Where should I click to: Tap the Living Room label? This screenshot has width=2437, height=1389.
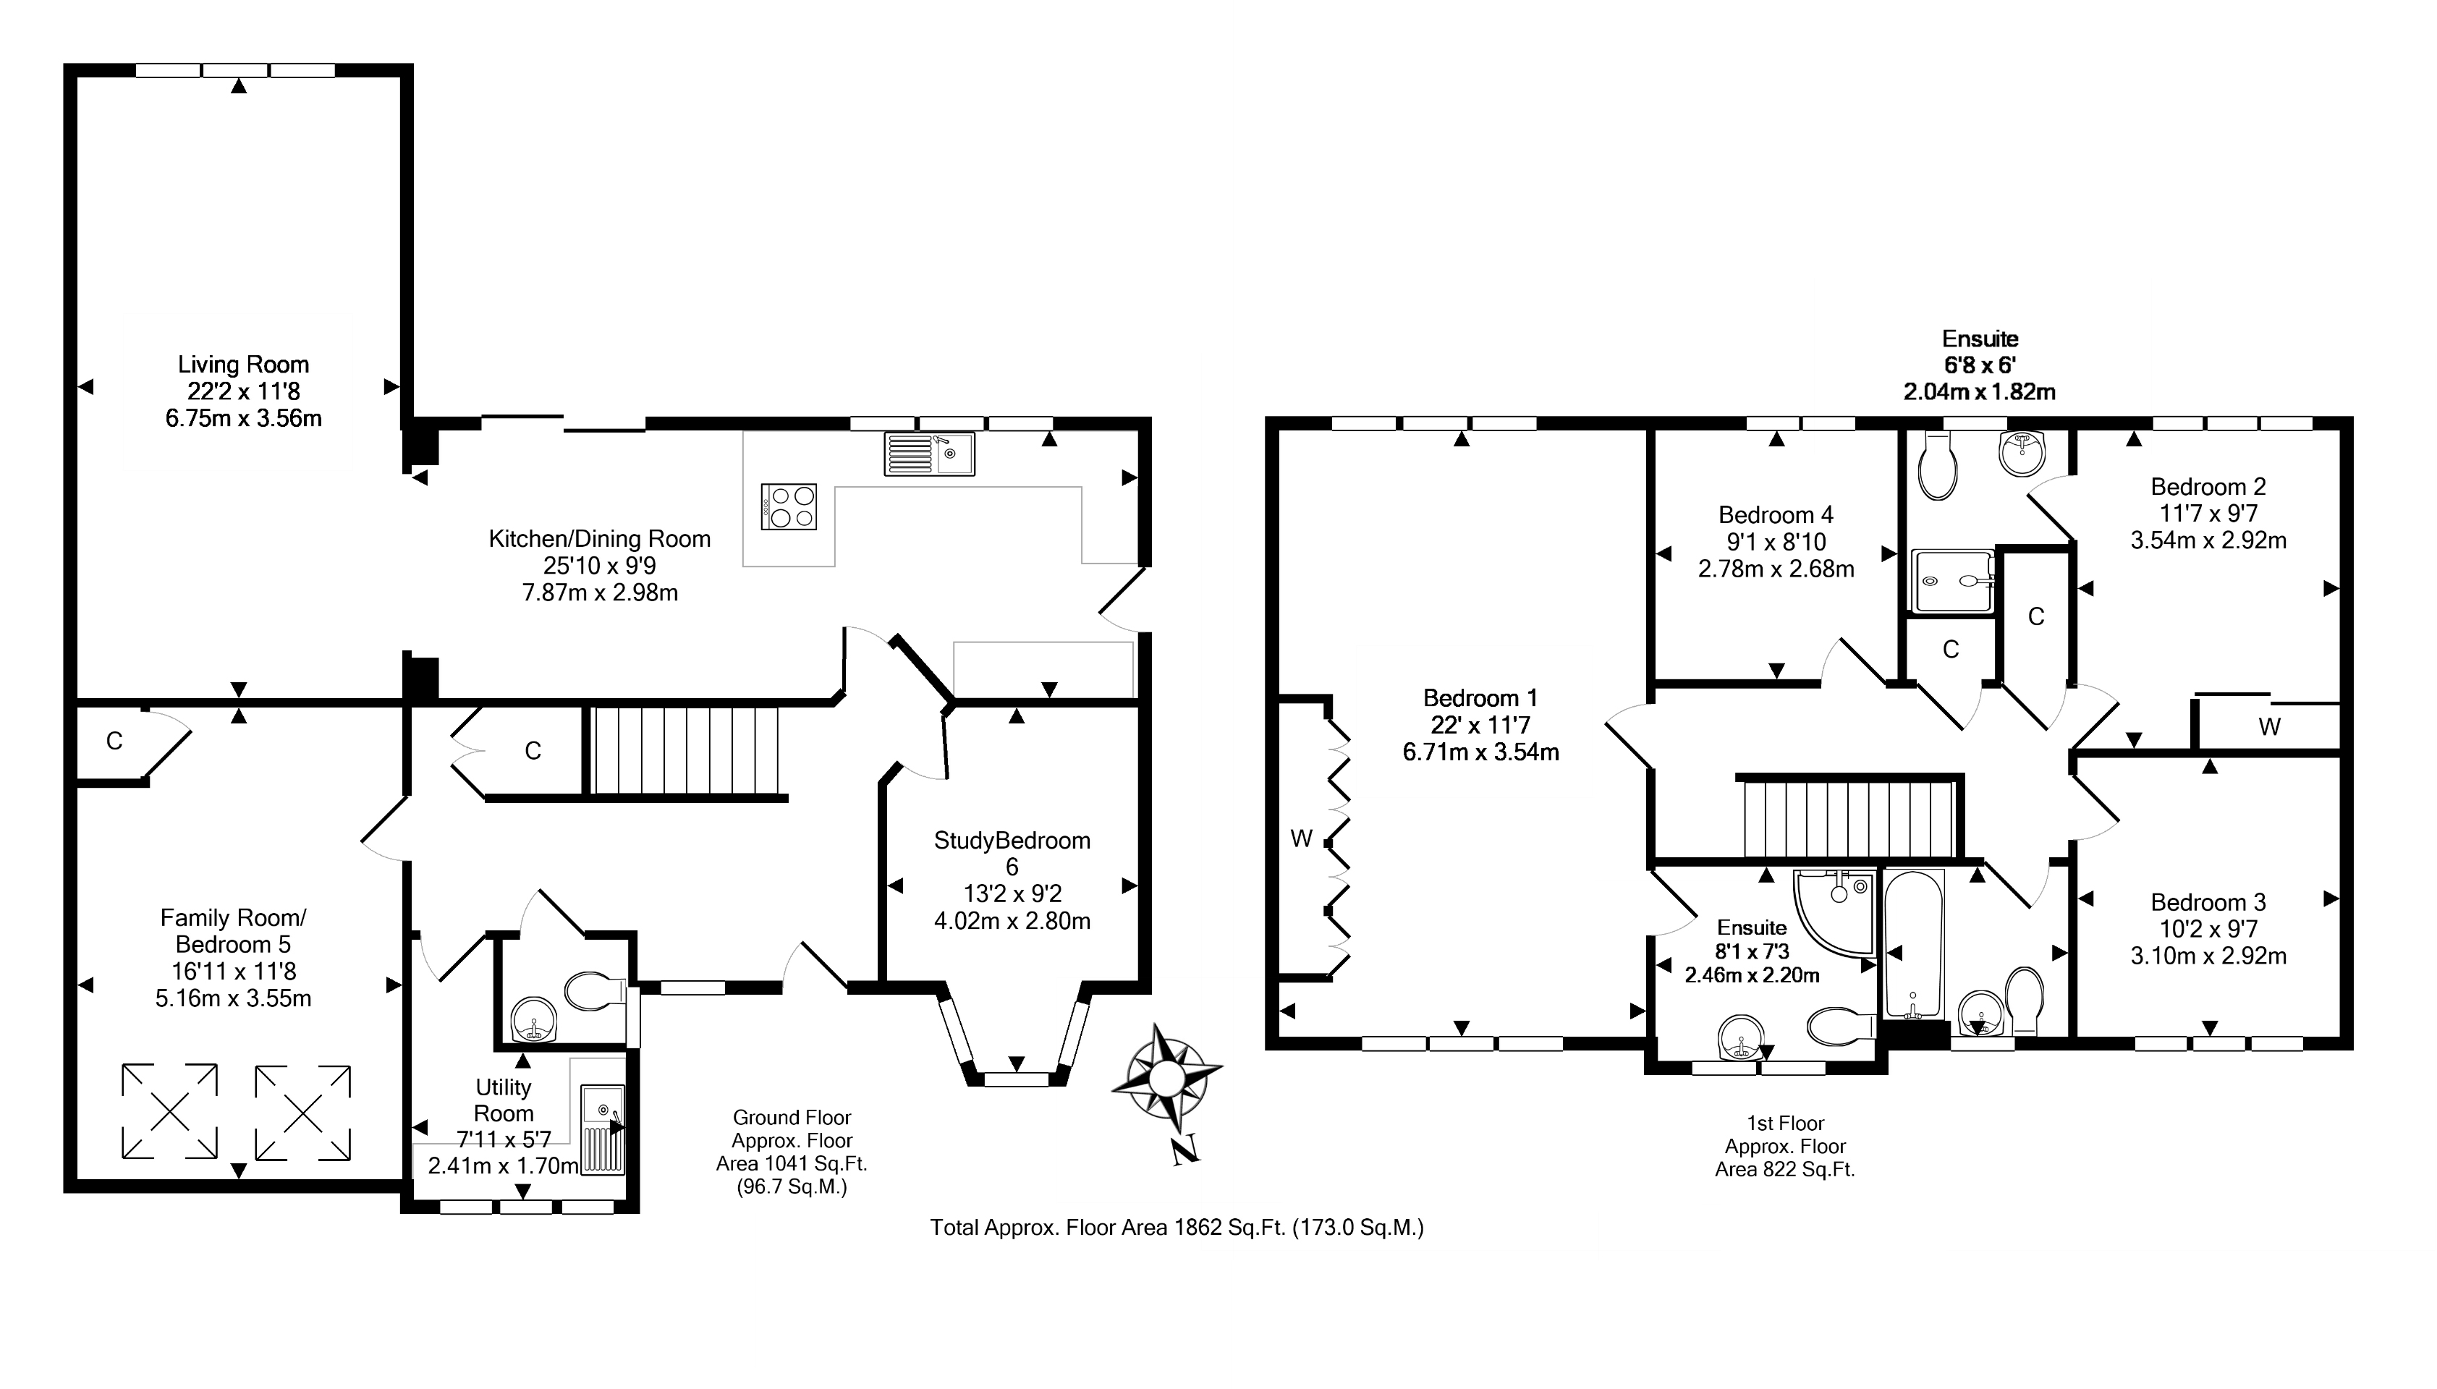tap(243, 365)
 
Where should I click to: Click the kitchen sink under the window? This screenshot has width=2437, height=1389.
tap(928, 454)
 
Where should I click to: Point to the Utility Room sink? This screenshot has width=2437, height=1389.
tap(603, 1129)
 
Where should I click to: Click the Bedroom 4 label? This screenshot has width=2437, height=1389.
tap(1776, 515)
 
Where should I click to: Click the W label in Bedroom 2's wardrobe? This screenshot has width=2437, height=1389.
tap(2270, 728)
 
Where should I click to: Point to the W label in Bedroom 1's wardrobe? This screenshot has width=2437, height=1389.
tap(1302, 838)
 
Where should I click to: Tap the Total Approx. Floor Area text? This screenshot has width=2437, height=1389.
tap(1177, 1228)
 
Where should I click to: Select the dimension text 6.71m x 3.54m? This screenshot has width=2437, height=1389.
tap(1481, 752)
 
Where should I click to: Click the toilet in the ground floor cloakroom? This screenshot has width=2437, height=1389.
tap(593, 992)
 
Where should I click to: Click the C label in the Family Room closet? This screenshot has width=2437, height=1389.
tap(114, 742)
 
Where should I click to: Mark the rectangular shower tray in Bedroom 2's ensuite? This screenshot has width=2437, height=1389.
tap(1953, 581)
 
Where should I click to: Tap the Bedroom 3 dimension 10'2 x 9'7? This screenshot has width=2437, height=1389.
tap(2208, 929)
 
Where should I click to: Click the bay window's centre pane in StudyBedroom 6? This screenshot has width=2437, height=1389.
tap(1015, 1079)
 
